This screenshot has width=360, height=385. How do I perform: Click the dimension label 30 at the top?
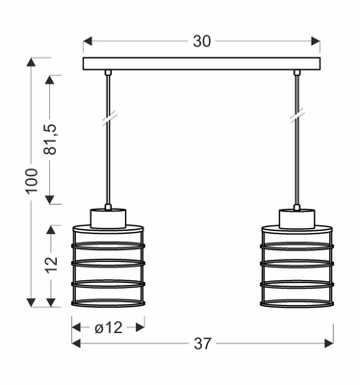[201, 42]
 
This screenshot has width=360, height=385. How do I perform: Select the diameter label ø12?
[108, 328]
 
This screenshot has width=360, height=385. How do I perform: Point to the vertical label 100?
[32, 180]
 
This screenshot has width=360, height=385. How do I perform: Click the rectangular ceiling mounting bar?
[201, 64]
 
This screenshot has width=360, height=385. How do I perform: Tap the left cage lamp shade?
[108, 264]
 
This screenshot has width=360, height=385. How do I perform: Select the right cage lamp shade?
[296, 264]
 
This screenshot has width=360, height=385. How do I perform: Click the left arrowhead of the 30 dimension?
[87, 42]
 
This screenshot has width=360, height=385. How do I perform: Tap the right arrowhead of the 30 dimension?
[317, 42]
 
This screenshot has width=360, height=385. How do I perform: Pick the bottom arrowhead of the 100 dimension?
[32, 301]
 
